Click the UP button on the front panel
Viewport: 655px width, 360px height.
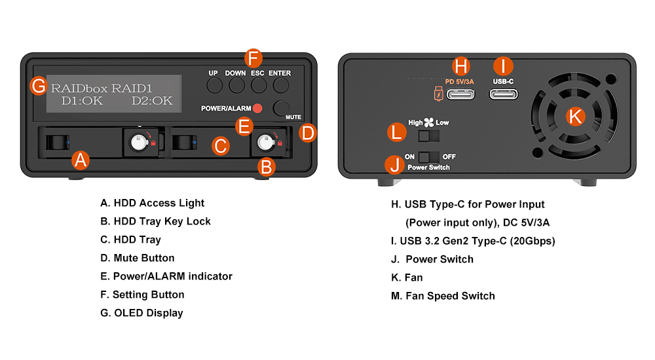214,86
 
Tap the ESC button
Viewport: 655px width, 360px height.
257,86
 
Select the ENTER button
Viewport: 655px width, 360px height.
280,86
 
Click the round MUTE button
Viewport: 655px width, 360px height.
282,108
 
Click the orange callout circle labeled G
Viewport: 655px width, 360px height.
39,86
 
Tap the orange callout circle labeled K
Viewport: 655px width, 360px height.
574,116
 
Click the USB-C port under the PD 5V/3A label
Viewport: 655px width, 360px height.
462,94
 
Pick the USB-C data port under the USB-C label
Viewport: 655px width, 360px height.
503,94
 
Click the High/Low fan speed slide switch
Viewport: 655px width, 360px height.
428,135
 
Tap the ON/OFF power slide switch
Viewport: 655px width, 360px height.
428,157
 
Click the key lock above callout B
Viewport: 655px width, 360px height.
265,141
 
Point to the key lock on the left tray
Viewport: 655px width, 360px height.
139,141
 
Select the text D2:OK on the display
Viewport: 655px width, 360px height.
152,100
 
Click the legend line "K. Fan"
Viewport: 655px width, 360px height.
407,278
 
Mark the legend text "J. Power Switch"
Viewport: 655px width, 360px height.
432,259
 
